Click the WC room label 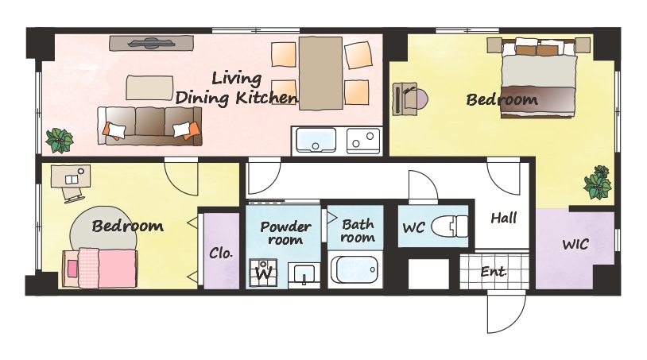coord(413,227)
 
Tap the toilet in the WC coord(449,226)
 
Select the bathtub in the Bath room coord(354,269)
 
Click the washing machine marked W coord(263,273)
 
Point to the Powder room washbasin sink coord(304,275)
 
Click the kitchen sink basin coord(316,140)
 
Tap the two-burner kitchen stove coord(363,140)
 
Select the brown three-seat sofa coord(149,126)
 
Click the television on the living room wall coord(151,43)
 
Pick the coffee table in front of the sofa coord(149,87)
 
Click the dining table coord(320,73)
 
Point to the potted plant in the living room coord(59,140)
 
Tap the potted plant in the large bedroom coord(598,182)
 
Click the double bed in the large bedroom coord(538,78)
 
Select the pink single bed coord(100,268)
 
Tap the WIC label coord(575,244)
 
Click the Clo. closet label coord(221,253)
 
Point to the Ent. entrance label coord(494,271)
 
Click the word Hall coord(503,217)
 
